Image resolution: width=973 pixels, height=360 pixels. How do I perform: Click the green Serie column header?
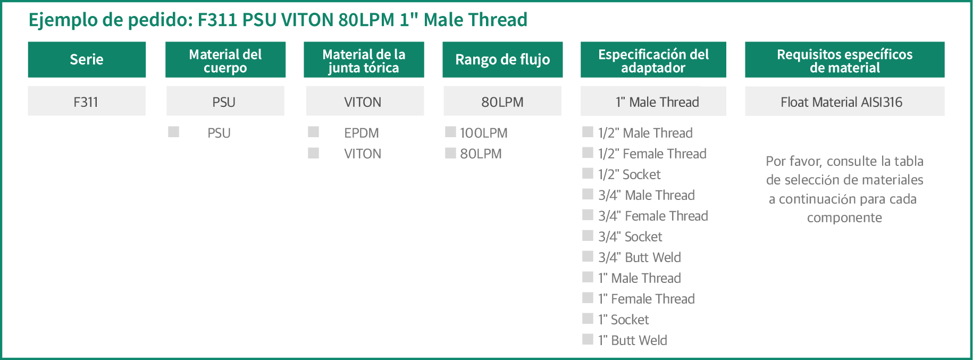click(87, 60)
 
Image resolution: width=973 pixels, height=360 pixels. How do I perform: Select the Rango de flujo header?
click(502, 60)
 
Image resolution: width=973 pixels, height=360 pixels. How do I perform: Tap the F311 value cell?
click(87, 101)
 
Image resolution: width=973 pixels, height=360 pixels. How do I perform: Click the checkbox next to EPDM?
click(314, 132)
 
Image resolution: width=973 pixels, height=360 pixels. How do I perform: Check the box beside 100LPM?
click(450, 132)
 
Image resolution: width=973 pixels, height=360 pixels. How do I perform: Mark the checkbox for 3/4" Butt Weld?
click(588, 256)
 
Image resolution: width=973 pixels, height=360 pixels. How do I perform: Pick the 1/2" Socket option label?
click(630, 174)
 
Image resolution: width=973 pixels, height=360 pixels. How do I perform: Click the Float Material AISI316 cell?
click(844, 101)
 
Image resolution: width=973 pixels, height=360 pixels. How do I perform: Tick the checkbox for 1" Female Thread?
click(588, 298)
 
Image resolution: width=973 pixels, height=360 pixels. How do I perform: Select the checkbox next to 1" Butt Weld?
click(588, 339)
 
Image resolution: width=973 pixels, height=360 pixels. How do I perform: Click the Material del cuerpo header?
click(225, 60)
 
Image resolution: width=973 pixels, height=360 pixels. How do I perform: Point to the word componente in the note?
click(844, 218)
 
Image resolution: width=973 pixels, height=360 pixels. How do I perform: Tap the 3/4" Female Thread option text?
click(653, 216)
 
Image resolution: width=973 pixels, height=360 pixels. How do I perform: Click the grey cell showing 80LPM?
click(502, 101)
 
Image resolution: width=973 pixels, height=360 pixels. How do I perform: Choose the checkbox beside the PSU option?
click(174, 132)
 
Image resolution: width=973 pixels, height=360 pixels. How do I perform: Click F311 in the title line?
click(217, 20)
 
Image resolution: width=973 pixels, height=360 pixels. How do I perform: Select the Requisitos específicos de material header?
click(844, 60)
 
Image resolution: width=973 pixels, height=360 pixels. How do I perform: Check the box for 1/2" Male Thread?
click(588, 132)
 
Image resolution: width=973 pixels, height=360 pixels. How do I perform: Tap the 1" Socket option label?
click(624, 320)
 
